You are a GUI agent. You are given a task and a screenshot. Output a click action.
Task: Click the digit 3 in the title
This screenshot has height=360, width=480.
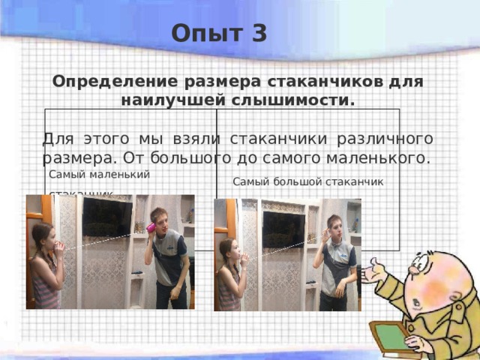(x=259, y=34)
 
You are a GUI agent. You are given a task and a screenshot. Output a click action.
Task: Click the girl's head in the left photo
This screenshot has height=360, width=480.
(x=43, y=236)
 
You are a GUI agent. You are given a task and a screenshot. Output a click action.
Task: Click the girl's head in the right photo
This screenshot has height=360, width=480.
(x=228, y=251)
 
